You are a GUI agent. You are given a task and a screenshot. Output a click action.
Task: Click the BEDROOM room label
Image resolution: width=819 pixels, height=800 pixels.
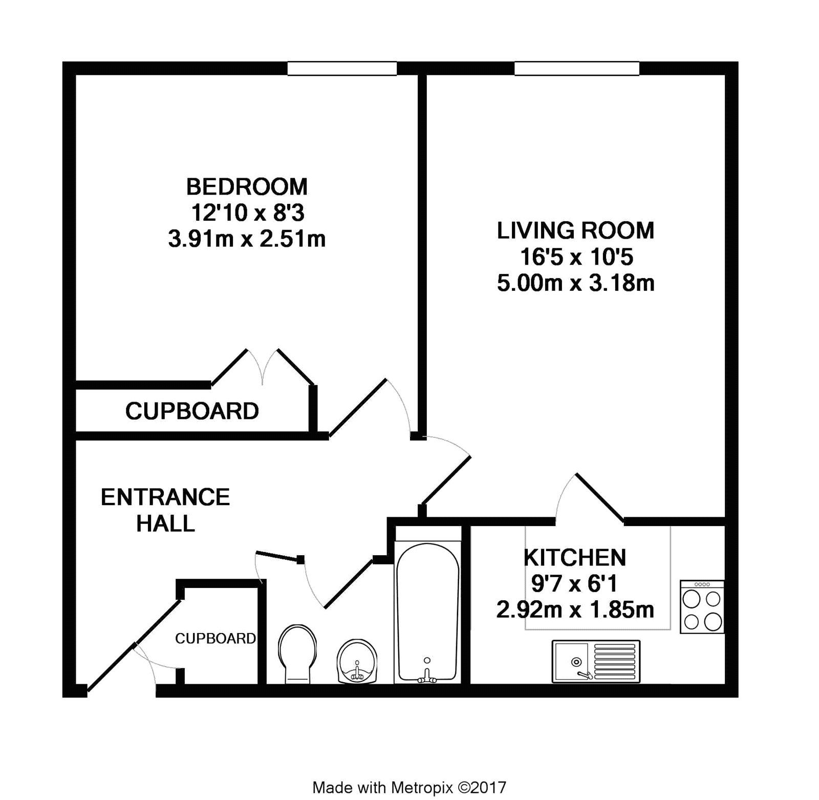coord(247,187)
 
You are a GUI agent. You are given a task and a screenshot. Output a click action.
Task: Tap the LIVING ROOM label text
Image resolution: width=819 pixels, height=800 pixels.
coord(575,230)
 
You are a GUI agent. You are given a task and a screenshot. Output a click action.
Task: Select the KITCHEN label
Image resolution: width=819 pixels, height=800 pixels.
coord(575,557)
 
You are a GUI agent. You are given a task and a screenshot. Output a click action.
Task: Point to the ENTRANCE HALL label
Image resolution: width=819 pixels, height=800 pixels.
coord(165,510)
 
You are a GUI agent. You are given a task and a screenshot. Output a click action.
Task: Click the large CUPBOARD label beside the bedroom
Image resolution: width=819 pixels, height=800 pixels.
coord(192,411)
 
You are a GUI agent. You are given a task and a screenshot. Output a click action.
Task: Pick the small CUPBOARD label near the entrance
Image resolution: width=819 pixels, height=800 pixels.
coord(215,638)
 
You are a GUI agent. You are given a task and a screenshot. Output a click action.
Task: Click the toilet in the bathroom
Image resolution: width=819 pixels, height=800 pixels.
coord(297,654)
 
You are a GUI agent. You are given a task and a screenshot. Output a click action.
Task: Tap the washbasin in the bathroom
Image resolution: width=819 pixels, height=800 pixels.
coord(357,661)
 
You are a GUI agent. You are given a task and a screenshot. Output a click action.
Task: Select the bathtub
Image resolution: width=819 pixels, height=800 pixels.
coord(427,613)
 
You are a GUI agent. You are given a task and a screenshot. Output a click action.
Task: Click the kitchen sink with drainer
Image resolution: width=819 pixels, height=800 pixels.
coord(596,661)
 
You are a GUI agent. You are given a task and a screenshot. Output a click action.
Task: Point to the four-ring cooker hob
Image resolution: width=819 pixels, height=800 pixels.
coord(702,607)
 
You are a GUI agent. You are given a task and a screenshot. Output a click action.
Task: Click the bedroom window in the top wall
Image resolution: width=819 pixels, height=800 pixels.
coord(342,68)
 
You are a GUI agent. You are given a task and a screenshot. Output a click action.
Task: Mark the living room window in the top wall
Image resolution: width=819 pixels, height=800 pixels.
coord(577,68)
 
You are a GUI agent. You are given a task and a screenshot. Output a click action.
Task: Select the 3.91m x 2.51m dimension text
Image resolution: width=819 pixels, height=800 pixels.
coord(247,239)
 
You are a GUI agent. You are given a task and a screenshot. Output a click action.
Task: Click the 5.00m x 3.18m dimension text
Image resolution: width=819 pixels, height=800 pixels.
coord(575,283)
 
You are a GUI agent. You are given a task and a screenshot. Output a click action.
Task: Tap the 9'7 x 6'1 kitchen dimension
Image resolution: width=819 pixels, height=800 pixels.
coord(574,583)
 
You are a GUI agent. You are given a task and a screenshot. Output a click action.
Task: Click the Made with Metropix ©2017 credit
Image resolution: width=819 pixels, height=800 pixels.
coord(409,787)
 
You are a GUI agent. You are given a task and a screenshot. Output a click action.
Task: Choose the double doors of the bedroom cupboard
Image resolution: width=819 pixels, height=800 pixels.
coord(263,367)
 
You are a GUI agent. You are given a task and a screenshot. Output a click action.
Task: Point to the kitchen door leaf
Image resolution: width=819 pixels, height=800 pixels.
coord(600,498)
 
